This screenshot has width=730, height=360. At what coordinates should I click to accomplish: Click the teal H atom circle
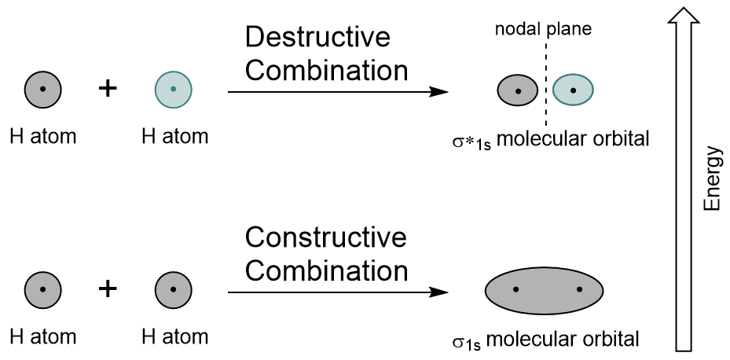(173, 88)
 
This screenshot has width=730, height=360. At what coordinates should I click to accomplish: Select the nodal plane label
(542, 30)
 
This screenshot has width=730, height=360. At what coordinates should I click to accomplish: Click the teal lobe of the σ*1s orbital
(572, 90)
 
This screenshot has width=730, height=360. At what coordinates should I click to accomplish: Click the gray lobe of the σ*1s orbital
(517, 90)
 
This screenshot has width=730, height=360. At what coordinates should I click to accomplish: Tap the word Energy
(712, 179)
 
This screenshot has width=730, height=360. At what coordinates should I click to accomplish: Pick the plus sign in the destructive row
(108, 87)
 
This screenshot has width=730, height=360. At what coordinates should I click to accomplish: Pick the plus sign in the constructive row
(108, 288)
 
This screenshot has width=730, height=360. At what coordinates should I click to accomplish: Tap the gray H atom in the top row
(43, 88)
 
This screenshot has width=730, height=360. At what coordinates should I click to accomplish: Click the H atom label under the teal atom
(174, 136)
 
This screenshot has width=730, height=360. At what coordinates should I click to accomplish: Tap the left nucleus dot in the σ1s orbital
(515, 289)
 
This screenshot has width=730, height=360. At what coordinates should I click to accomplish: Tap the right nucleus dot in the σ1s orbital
(579, 289)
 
